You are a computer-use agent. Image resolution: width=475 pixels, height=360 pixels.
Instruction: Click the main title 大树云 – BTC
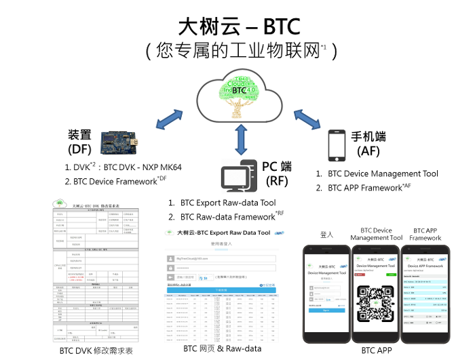pos(238,26)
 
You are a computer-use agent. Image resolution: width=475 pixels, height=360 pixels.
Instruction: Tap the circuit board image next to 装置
pos(119,140)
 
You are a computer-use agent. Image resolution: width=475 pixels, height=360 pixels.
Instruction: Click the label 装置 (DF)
pos(79,142)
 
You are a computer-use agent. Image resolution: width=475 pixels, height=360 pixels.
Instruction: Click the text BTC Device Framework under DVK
pos(115,182)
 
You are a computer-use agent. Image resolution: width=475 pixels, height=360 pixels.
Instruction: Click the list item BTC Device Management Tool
pos(383,174)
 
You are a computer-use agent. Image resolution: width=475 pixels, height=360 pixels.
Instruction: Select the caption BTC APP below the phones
pos(377,351)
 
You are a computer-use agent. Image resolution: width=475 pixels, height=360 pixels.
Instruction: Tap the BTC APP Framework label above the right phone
pos(425,234)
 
